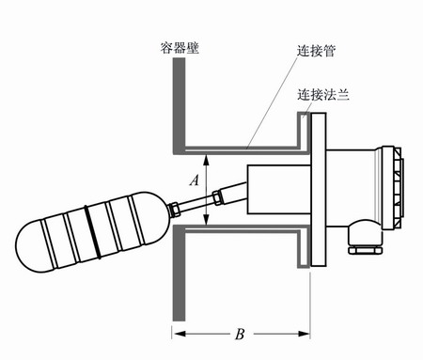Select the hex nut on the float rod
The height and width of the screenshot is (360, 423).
point(220,196)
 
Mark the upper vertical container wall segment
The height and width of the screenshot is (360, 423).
point(176,103)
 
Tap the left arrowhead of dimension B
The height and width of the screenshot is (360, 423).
point(178,333)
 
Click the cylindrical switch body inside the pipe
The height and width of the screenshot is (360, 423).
point(273,194)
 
